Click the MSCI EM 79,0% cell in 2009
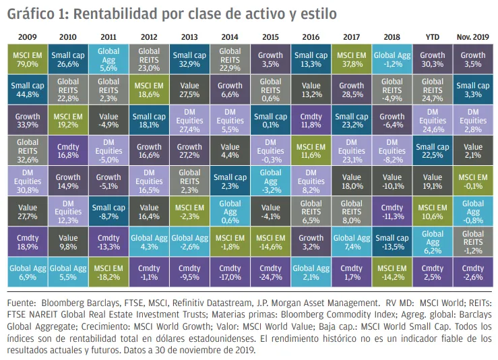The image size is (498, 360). coord(27,59)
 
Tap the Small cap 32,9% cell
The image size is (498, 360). coord(189,59)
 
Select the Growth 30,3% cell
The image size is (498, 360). coord(433,59)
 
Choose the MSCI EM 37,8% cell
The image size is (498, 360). coord(352,59)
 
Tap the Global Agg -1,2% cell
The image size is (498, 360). coord(392,59)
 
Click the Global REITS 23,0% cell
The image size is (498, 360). coord(149,59)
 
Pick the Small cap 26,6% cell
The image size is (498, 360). coord(67,59)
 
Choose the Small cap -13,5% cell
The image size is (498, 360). coord(392,241)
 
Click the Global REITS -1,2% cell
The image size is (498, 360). coord(473,241)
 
